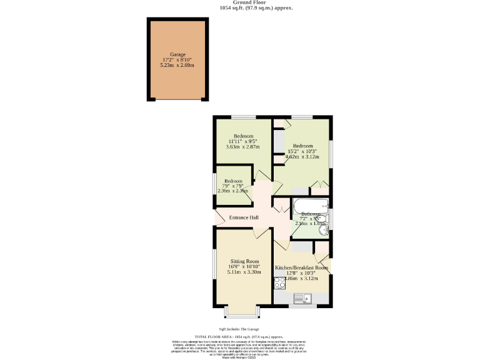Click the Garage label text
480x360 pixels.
(178, 54)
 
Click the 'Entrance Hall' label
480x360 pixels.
(244, 217)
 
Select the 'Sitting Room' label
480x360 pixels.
(244, 261)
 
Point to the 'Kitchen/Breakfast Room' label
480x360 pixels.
(301, 267)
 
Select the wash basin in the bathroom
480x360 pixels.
(323, 231)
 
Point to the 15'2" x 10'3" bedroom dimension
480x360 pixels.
(302, 151)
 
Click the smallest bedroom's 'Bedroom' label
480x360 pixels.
(233, 181)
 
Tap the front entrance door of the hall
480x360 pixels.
(219, 217)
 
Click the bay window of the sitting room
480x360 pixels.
(241, 310)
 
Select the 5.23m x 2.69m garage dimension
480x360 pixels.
(178, 65)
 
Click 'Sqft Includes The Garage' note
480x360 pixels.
(239, 329)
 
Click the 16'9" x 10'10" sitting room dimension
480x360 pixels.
(244, 267)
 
